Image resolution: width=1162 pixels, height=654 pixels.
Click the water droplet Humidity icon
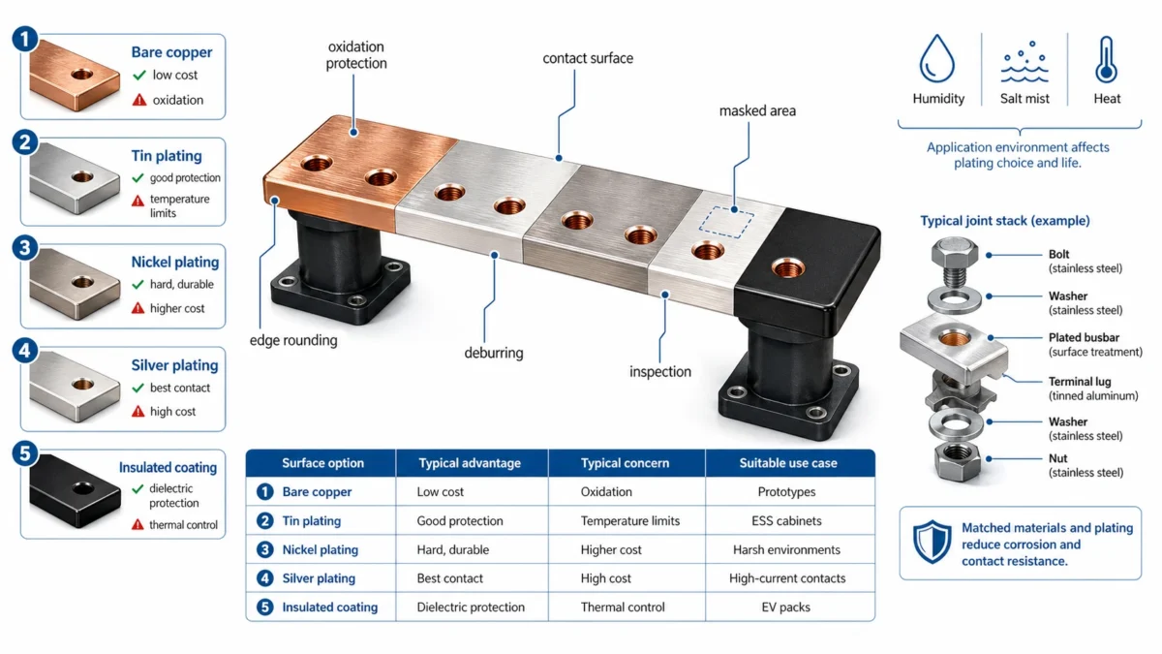pos(937,59)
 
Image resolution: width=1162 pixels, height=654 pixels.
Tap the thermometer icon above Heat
pos(1106,59)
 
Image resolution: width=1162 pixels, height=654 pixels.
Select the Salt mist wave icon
pos(1024,64)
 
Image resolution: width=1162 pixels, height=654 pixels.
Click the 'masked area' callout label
pos(757,111)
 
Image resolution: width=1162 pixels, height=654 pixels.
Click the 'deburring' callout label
pos(494,353)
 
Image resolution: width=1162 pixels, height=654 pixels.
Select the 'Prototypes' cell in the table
pos(786,492)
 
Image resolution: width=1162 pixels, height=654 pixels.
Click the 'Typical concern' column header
pos(625,463)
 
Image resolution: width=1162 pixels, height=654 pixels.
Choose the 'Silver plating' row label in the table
pos(319,578)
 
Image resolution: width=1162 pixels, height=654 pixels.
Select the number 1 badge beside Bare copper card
pos(24,39)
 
